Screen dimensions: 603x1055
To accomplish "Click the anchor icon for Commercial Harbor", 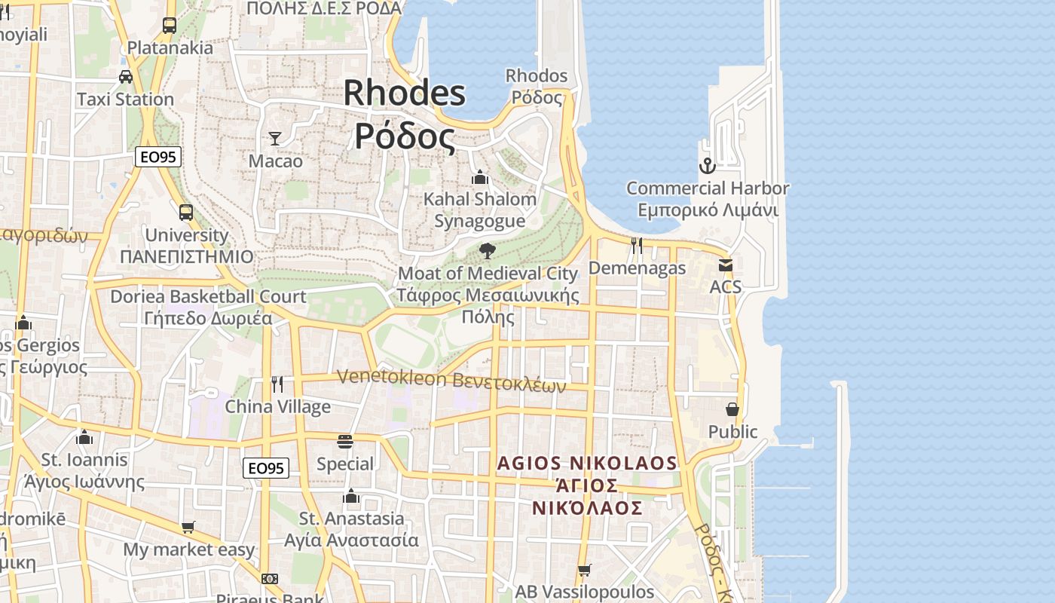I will pos(707,166).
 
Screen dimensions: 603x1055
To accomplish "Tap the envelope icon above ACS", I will pos(725,265).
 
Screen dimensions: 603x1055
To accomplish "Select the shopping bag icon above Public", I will pos(732,409).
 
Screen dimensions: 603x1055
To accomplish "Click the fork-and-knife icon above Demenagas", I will pos(637,245).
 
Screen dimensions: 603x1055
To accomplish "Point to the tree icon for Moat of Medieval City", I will pos(487,250).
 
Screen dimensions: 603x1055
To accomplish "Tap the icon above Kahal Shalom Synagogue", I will pos(479,177).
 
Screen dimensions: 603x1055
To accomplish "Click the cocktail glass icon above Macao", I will pos(275,138).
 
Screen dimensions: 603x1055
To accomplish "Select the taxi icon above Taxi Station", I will pos(126,77).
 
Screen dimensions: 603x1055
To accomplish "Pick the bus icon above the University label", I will pos(186,213).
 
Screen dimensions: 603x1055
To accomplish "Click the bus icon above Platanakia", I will pos(170,26).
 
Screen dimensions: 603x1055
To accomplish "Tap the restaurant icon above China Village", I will pos(277,384).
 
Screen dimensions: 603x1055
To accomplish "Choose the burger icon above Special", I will pos(345,441).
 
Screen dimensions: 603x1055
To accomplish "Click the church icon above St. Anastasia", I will pos(350,496).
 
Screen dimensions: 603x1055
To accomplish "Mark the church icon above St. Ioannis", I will pos(84,437).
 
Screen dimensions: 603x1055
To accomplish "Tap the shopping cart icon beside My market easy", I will pos(188,527).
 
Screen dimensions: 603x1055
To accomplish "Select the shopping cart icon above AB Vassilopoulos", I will pos(584,570).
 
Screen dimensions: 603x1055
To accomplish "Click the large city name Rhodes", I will pos(405,93).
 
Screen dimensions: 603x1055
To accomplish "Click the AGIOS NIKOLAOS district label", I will pos(587,463).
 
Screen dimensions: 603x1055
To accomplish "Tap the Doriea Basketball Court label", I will pos(208,296).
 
